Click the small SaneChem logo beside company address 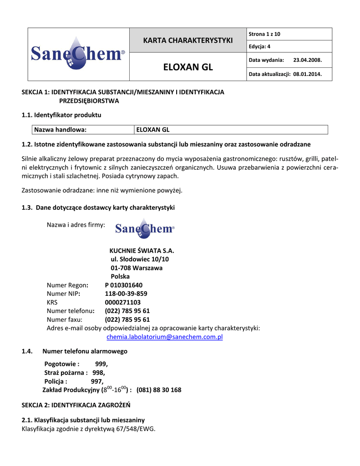point(145,228)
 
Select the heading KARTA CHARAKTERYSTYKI point(188,40)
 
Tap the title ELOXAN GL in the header point(188,67)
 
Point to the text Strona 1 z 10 point(264,34)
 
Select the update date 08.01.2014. point(308,74)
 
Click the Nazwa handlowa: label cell point(60,130)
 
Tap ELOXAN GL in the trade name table point(153,130)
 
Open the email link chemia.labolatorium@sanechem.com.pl point(164,337)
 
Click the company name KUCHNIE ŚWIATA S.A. point(142,251)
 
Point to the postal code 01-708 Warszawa point(137,268)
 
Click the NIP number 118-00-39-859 point(126,294)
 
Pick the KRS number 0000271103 point(123,302)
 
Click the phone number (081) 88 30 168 point(159,390)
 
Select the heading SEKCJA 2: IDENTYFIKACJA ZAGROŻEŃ point(76,405)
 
